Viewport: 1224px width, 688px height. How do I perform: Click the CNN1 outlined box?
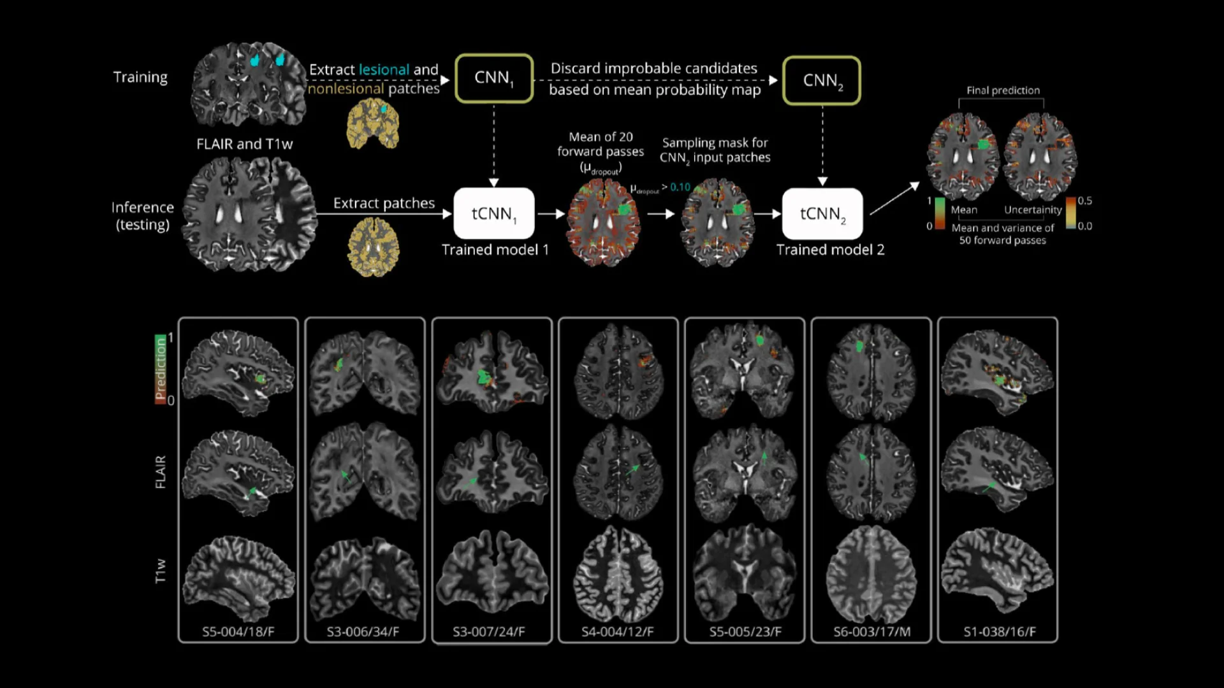pos(494,78)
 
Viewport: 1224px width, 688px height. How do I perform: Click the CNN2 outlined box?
pos(822,81)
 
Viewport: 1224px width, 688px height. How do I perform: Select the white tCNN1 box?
pos(494,213)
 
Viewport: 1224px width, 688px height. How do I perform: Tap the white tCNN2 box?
pos(822,213)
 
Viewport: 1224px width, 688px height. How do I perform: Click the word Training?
pos(140,77)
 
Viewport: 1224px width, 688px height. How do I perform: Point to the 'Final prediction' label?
pos(1003,90)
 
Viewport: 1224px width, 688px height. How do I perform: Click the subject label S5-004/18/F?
pos(238,632)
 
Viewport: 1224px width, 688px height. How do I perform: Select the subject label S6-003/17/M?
pos(871,632)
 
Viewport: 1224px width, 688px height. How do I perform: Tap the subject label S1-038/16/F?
pos(999,632)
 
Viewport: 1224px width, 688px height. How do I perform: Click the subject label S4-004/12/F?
pos(617,632)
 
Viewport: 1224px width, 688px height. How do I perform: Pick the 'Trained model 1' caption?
pos(495,250)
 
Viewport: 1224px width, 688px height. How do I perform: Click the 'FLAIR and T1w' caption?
pos(244,144)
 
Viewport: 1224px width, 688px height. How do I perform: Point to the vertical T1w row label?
pos(161,571)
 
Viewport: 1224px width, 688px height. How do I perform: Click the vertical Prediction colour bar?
pos(160,369)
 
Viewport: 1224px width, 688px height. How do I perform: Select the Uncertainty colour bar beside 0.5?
pos(1071,213)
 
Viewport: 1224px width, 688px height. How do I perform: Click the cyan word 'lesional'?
pos(384,69)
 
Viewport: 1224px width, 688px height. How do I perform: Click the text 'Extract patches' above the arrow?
pos(384,203)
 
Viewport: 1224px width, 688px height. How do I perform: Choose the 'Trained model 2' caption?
pos(830,250)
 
